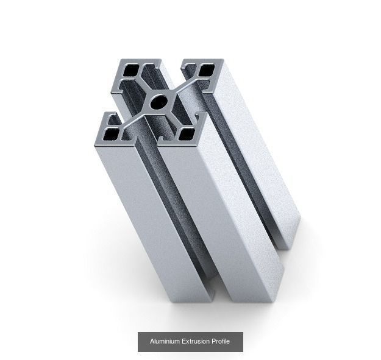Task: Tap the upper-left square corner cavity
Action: pyautogui.click(x=131, y=72)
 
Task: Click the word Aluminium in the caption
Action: pyautogui.click(x=165, y=342)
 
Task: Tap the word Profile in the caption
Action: pyautogui.click(x=221, y=342)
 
